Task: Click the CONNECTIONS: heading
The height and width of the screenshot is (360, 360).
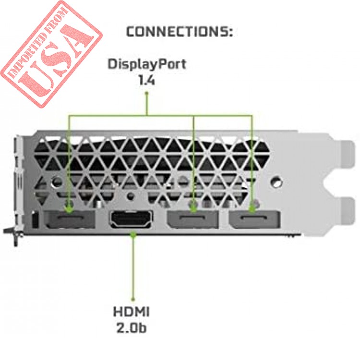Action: pyautogui.click(x=180, y=32)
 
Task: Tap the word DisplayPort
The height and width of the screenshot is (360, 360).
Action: pyautogui.click(x=147, y=64)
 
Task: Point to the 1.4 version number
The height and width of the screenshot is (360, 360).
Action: pyautogui.click(x=147, y=80)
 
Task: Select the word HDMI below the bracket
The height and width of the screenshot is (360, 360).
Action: pyautogui.click(x=132, y=312)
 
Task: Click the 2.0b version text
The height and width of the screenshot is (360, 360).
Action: pyautogui.click(x=132, y=328)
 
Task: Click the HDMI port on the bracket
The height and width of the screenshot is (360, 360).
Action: pyautogui.click(x=132, y=219)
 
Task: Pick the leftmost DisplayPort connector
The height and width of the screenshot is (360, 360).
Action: pyautogui.click(x=69, y=219)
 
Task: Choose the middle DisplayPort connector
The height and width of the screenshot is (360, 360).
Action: pyautogui.click(x=193, y=219)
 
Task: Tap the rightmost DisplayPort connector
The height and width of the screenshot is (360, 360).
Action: pyautogui.click(x=254, y=219)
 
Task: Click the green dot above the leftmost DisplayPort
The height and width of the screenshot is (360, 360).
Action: pyautogui.click(x=69, y=208)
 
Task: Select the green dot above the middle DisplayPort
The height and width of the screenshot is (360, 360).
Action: pyautogui.click(x=193, y=208)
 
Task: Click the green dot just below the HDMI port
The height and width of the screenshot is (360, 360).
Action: pyautogui.click(x=133, y=234)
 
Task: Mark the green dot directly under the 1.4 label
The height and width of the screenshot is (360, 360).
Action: pyautogui.click(x=147, y=93)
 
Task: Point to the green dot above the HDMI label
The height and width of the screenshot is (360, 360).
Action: pyautogui.click(x=132, y=299)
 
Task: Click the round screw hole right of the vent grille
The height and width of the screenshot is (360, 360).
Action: pyautogui.click(x=277, y=182)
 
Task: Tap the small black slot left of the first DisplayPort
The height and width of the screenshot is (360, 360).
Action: pyautogui.click(x=35, y=219)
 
